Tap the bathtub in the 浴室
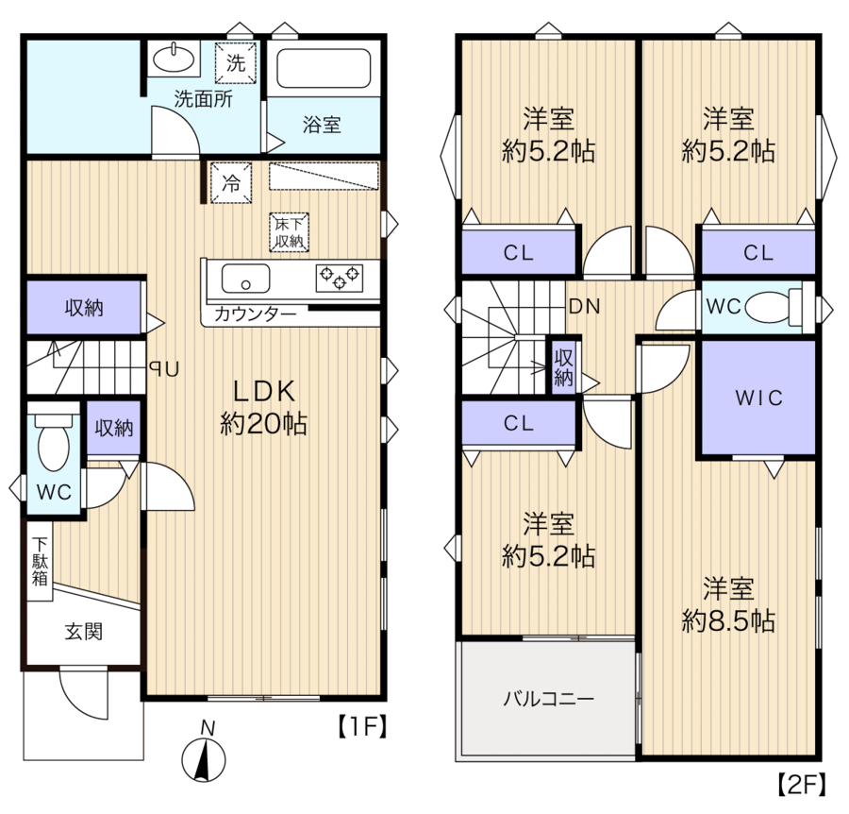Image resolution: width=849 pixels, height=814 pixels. point(324,68)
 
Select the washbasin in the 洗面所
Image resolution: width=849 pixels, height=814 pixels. point(174,58)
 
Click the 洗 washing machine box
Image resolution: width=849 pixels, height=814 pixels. point(236,63)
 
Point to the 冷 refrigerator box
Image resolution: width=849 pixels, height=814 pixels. point(231,182)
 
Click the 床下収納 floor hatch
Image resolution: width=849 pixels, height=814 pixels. point(290,232)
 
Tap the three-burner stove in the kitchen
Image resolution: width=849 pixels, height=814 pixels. point(340,278)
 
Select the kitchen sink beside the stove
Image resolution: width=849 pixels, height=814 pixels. point(245,279)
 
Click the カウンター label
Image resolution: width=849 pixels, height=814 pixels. point(255,314)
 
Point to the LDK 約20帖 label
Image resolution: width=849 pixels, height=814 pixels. point(264,408)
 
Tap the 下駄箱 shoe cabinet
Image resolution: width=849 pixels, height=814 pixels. point(40,561)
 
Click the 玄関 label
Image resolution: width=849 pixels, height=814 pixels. point(83,632)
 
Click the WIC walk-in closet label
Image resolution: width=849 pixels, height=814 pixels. point(758,399)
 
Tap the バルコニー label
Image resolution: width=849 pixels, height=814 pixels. point(549,699)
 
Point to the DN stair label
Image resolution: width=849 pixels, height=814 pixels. point(585,307)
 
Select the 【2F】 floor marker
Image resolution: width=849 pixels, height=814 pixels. point(802,785)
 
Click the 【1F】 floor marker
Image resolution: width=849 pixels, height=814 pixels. point(362,726)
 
